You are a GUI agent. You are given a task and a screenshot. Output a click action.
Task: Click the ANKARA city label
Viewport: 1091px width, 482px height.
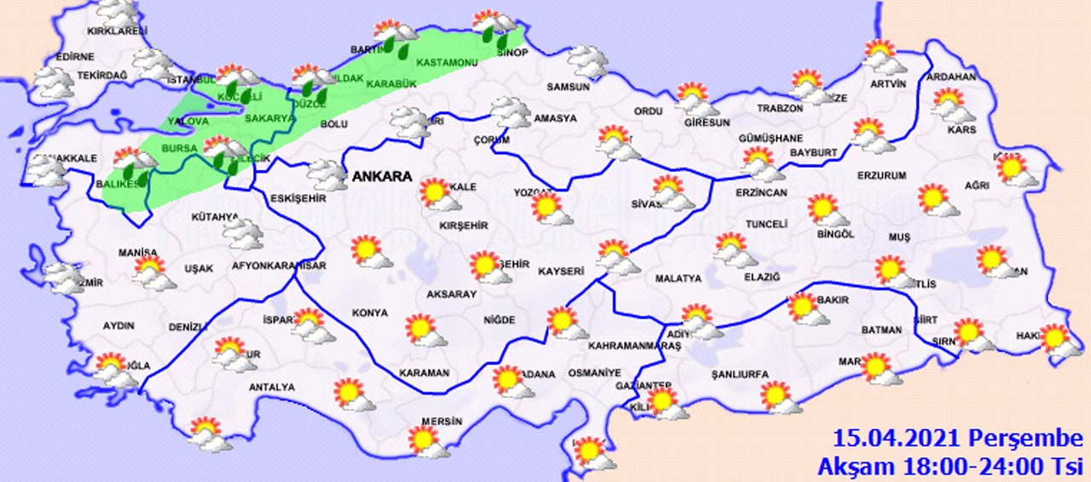(x=382, y=177)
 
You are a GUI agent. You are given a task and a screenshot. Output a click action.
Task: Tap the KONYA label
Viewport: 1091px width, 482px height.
(x=370, y=313)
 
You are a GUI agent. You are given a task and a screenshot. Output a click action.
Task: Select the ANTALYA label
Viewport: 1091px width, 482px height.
(x=271, y=387)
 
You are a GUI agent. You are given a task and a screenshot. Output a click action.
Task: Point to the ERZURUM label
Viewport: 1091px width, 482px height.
(x=882, y=175)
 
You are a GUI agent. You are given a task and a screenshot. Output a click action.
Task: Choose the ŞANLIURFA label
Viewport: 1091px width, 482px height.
(x=740, y=375)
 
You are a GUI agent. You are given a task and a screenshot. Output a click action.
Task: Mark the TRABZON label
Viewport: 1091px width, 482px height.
(x=780, y=109)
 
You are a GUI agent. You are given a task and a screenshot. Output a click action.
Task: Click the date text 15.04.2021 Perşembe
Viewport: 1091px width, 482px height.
(x=957, y=439)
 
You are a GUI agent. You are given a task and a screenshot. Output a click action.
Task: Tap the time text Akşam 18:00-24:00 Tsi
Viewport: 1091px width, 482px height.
(x=949, y=466)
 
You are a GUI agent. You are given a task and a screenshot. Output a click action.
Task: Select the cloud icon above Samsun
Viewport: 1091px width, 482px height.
(x=588, y=61)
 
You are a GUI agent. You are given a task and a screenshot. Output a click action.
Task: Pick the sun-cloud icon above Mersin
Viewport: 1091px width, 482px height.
(x=429, y=441)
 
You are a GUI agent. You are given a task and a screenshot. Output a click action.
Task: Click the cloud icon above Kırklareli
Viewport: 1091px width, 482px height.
(x=118, y=11)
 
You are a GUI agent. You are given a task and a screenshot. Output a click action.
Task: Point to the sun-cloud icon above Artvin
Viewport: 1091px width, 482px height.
(x=885, y=58)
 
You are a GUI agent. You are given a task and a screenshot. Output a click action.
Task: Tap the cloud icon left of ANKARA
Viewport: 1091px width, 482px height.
(x=328, y=174)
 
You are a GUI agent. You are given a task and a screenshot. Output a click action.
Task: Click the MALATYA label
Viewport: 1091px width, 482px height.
(x=678, y=278)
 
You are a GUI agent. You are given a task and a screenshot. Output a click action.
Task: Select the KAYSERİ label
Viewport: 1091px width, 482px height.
(x=561, y=272)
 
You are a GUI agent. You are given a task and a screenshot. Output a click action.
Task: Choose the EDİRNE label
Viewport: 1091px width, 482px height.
(x=75, y=57)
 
